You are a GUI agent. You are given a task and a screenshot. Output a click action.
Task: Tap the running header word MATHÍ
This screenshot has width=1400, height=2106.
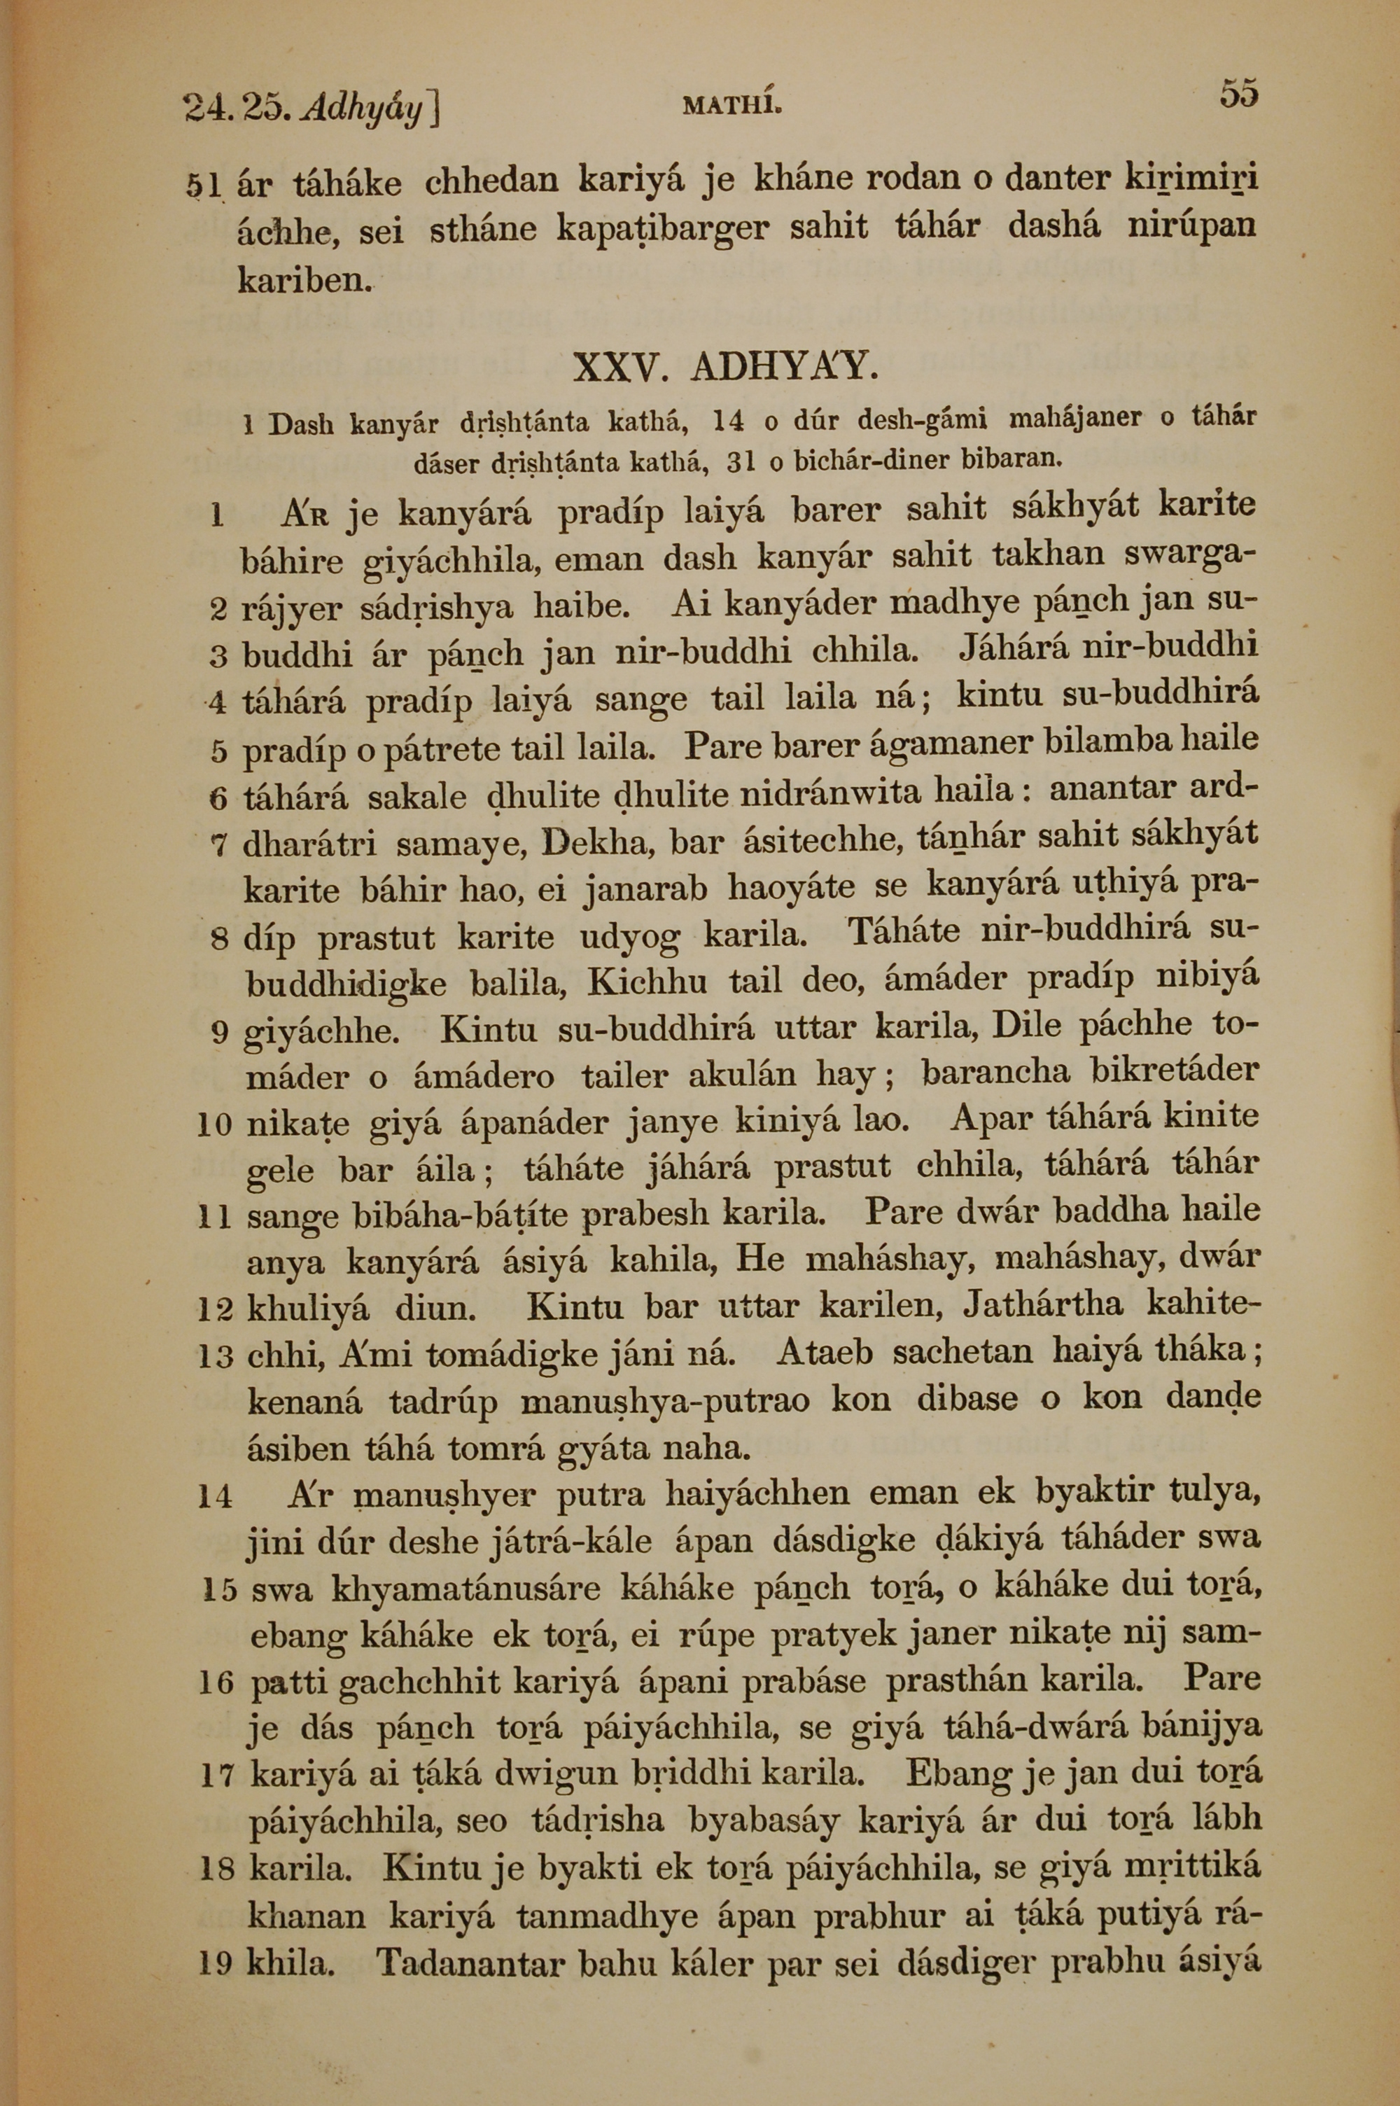coord(732,108)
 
